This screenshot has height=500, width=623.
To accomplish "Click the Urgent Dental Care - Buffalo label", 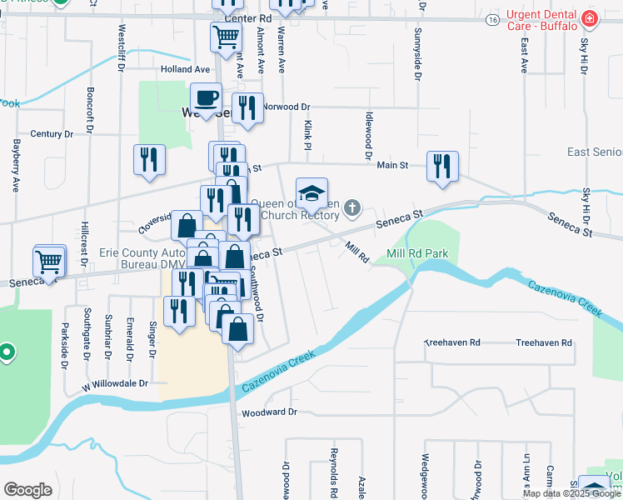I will (x=541, y=19).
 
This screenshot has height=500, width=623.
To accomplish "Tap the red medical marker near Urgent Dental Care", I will (x=590, y=18).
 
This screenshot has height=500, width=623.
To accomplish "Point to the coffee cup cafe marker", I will (x=207, y=99).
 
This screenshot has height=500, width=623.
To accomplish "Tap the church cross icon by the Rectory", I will (x=353, y=207).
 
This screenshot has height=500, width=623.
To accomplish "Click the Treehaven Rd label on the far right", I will (x=544, y=342).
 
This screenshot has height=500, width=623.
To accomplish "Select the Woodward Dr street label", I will (x=269, y=412).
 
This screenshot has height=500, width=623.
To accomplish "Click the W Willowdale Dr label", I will (x=114, y=384).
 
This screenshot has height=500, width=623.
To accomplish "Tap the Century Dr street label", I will (x=52, y=133).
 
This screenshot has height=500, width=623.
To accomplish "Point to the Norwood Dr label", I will (x=287, y=107).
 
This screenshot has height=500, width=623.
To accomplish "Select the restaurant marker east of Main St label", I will (x=441, y=166).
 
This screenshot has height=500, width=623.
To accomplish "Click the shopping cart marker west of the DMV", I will (x=49, y=261).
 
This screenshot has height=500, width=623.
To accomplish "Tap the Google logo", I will (x=28, y=489).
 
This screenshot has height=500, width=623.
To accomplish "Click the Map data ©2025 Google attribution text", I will (x=571, y=492).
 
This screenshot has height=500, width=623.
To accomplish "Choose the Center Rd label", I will (x=254, y=17).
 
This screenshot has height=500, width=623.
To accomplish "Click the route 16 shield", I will (x=493, y=17).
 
